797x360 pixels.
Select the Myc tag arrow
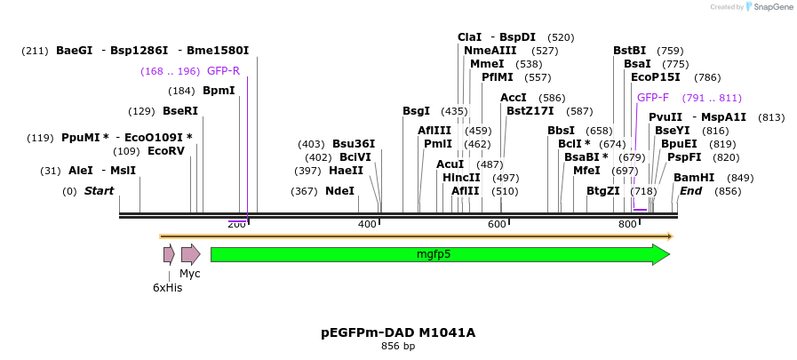click(190, 255)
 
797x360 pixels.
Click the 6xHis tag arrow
click(169, 255)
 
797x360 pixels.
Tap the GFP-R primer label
click(223, 71)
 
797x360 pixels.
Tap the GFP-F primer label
click(652, 98)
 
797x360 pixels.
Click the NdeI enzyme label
click(339, 191)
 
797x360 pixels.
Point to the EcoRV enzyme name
click(166, 151)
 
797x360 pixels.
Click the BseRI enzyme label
click(180, 111)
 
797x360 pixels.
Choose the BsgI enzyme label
click(416, 111)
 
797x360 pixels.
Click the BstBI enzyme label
click(629, 51)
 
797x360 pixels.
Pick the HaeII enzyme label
click(346, 171)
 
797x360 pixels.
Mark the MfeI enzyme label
click(586, 171)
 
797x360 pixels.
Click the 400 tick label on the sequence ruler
click(367, 225)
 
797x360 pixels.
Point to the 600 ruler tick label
click(497, 225)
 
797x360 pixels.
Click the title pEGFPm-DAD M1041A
click(398, 332)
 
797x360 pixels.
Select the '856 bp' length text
click(398, 347)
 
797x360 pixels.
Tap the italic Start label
click(99, 191)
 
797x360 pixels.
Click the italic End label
click(691, 191)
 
